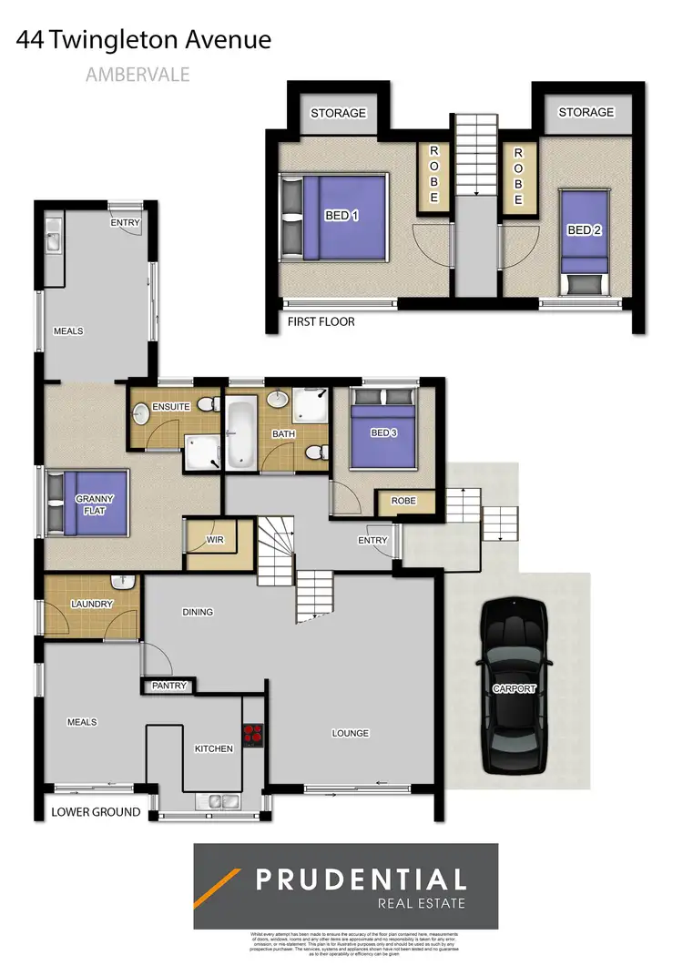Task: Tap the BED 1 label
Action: click(x=342, y=216)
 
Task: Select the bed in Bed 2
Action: click(x=583, y=239)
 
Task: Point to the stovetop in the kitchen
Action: click(x=252, y=735)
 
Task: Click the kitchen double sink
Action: click(x=216, y=802)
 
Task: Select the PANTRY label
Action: click(x=170, y=686)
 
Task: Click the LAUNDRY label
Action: click(x=90, y=604)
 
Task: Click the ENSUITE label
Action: click(x=171, y=407)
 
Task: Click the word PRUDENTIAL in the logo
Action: click(x=360, y=880)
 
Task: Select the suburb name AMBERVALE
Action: click(x=138, y=75)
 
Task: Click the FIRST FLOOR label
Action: click(x=321, y=321)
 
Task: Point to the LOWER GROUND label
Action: click(x=96, y=811)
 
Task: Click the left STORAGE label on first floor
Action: click(x=338, y=113)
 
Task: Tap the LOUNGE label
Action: click(x=350, y=733)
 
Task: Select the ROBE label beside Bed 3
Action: click(x=403, y=501)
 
